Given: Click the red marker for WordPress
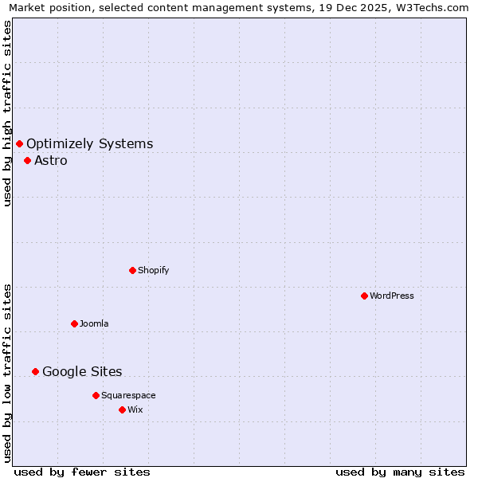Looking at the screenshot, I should pos(364,296).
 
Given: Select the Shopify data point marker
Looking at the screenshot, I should pos(132,270).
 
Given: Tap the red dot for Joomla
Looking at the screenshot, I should pos(74,323).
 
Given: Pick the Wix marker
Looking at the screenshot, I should pos(122,409).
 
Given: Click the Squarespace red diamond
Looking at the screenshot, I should pos(96,395).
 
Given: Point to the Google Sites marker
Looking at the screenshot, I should pos(35,371).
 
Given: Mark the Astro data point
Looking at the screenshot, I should pos(27,160).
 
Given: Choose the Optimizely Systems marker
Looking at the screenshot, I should pos(19,143).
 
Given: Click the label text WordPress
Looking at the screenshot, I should pos(392,296).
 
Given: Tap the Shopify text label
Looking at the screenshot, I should pos(154,270).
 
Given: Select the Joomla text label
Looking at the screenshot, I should pos(94,323).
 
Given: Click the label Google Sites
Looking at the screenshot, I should pos(82,371).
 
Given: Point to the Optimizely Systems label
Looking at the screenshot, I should pos(90,143).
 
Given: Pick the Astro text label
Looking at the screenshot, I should pos(51,160).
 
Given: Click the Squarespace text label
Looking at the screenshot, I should pos(128,395).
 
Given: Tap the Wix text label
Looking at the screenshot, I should pos(135,409).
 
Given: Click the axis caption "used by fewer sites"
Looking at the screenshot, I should pos(82,472).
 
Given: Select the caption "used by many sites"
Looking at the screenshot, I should pos(400,472).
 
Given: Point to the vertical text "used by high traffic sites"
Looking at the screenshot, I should pos(8,113).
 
